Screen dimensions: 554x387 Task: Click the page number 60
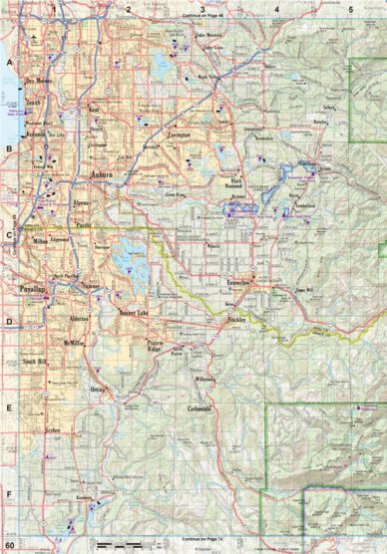10,545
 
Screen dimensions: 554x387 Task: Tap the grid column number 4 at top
276,8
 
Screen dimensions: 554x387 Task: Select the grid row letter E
9,409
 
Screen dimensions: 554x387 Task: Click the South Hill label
36,362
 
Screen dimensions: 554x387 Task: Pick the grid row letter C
9,236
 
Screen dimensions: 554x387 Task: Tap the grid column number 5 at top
351,8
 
